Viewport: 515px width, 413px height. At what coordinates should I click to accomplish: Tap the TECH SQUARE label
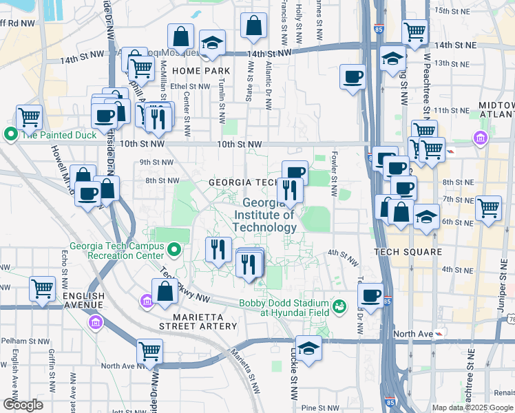tap(408, 252)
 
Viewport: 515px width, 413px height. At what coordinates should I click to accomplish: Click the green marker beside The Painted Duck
tap(11, 134)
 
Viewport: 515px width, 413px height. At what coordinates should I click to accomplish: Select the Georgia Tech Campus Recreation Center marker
tap(175, 249)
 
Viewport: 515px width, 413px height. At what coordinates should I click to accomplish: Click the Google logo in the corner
tap(23, 405)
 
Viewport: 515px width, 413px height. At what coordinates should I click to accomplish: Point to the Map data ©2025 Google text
tap(472, 407)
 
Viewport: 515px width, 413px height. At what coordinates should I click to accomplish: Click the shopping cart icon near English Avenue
tap(42, 288)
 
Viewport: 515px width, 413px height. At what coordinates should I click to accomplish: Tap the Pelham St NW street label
tap(25, 341)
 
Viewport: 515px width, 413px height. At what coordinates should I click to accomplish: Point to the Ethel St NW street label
tap(190, 87)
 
